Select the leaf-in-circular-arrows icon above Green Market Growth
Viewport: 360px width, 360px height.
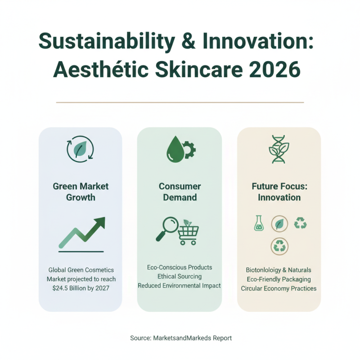click(x=80, y=149)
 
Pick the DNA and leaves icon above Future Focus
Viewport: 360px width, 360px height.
click(x=279, y=149)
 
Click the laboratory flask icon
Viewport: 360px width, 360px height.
click(x=258, y=223)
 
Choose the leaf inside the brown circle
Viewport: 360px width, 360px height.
click(x=279, y=223)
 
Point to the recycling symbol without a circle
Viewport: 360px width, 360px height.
click(x=300, y=223)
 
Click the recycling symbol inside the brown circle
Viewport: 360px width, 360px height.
click(x=279, y=246)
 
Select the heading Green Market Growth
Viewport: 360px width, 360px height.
click(x=81, y=191)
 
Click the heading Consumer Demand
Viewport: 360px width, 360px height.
click(x=180, y=191)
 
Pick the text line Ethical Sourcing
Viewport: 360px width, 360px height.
click(x=180, y=276)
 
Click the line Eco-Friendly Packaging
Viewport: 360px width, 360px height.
click(x=279, y=279)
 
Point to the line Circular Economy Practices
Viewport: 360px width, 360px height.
click(x=279, y=288)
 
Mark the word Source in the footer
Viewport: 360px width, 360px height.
click(x=139, y=337)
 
